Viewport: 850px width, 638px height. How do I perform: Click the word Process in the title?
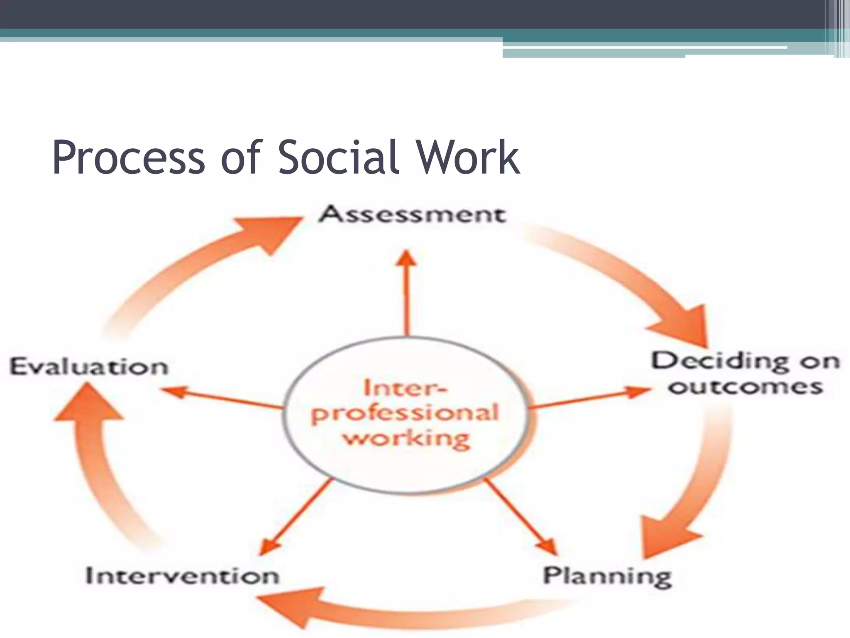pyautogui.click(x=129, y=158)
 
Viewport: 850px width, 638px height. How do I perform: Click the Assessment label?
pyautogui.click(x=412, y=215)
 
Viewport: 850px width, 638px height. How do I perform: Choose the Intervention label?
pyautogui.click(x=182, y=576)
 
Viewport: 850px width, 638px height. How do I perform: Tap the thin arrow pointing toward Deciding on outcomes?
pyautogui.click(x=589, y=399)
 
